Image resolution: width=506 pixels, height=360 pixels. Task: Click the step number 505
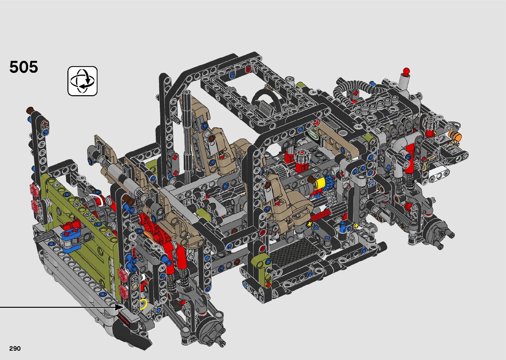coord(23,67)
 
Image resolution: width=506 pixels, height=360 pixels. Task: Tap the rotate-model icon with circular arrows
coord(82,81)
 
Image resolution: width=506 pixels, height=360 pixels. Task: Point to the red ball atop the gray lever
coord(406,71)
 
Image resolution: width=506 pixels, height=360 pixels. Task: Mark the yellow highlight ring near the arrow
coord(143,304)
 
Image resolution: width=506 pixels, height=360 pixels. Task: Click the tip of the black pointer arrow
coord(124,307)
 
